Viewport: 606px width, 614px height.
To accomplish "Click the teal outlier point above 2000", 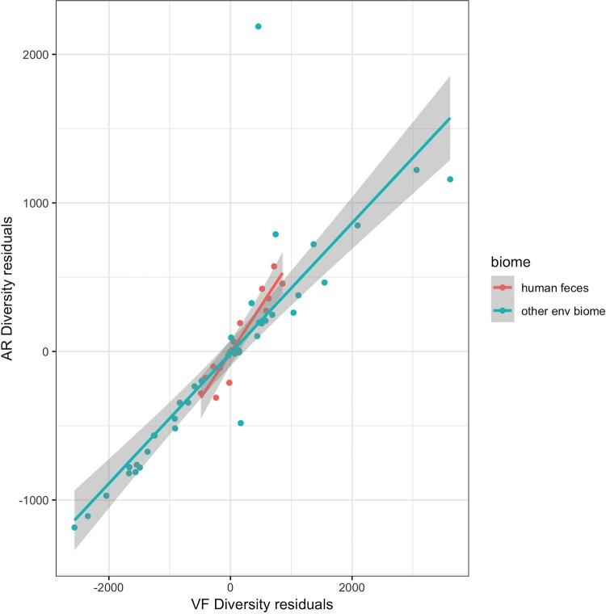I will click(x=258, y=27).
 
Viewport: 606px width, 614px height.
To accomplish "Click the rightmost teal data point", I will click(x=450, y=179).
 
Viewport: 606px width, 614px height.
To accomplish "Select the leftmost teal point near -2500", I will click(x=74, y=528).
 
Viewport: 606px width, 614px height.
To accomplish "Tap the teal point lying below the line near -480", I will click(x=241, y=423).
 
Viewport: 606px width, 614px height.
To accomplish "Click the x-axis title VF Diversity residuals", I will click(x=262, y=604).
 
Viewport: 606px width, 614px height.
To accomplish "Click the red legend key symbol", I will click(x=502, y=288).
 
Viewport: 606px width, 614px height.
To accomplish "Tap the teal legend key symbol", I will click(x=502, y=311).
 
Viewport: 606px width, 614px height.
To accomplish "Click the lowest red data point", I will click(x=216, y=397).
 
